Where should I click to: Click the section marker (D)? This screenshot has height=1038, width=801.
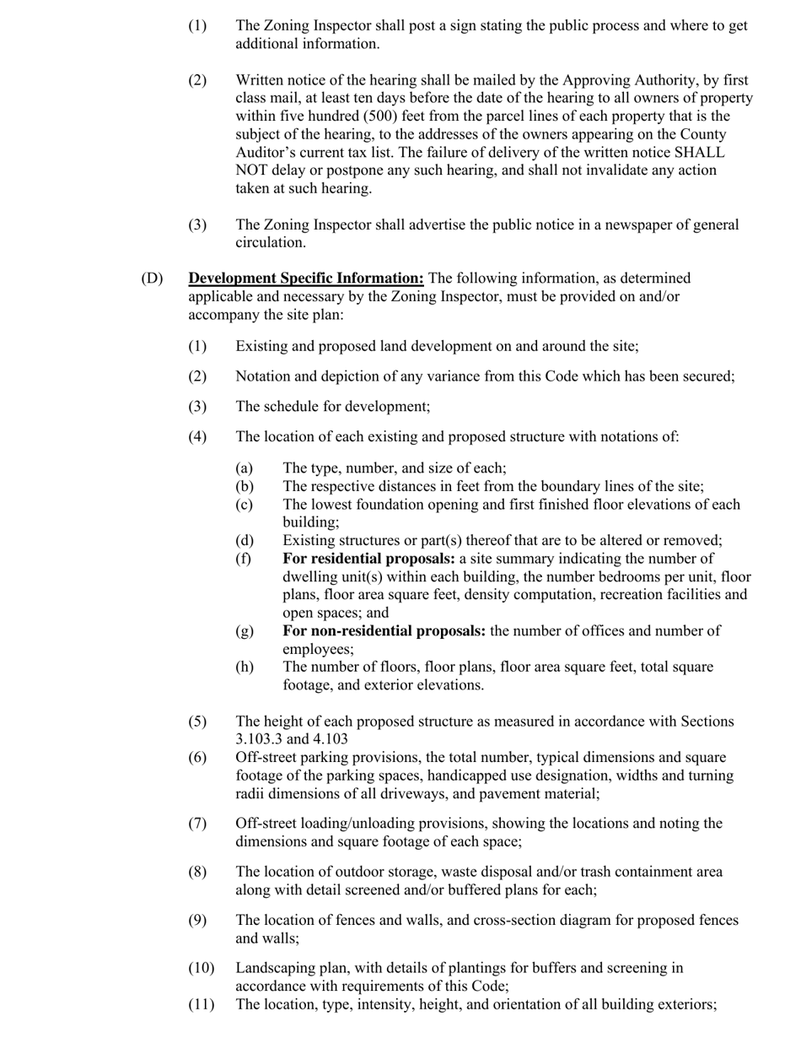pos(152,278)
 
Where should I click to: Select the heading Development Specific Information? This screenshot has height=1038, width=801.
pos(306,278)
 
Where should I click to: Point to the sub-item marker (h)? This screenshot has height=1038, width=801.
pos(244,667)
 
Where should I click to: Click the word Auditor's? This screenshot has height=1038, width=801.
pos(270,153)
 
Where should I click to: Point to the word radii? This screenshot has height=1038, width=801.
pos(252,794)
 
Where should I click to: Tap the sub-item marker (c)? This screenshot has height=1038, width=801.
pos(244,505)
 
